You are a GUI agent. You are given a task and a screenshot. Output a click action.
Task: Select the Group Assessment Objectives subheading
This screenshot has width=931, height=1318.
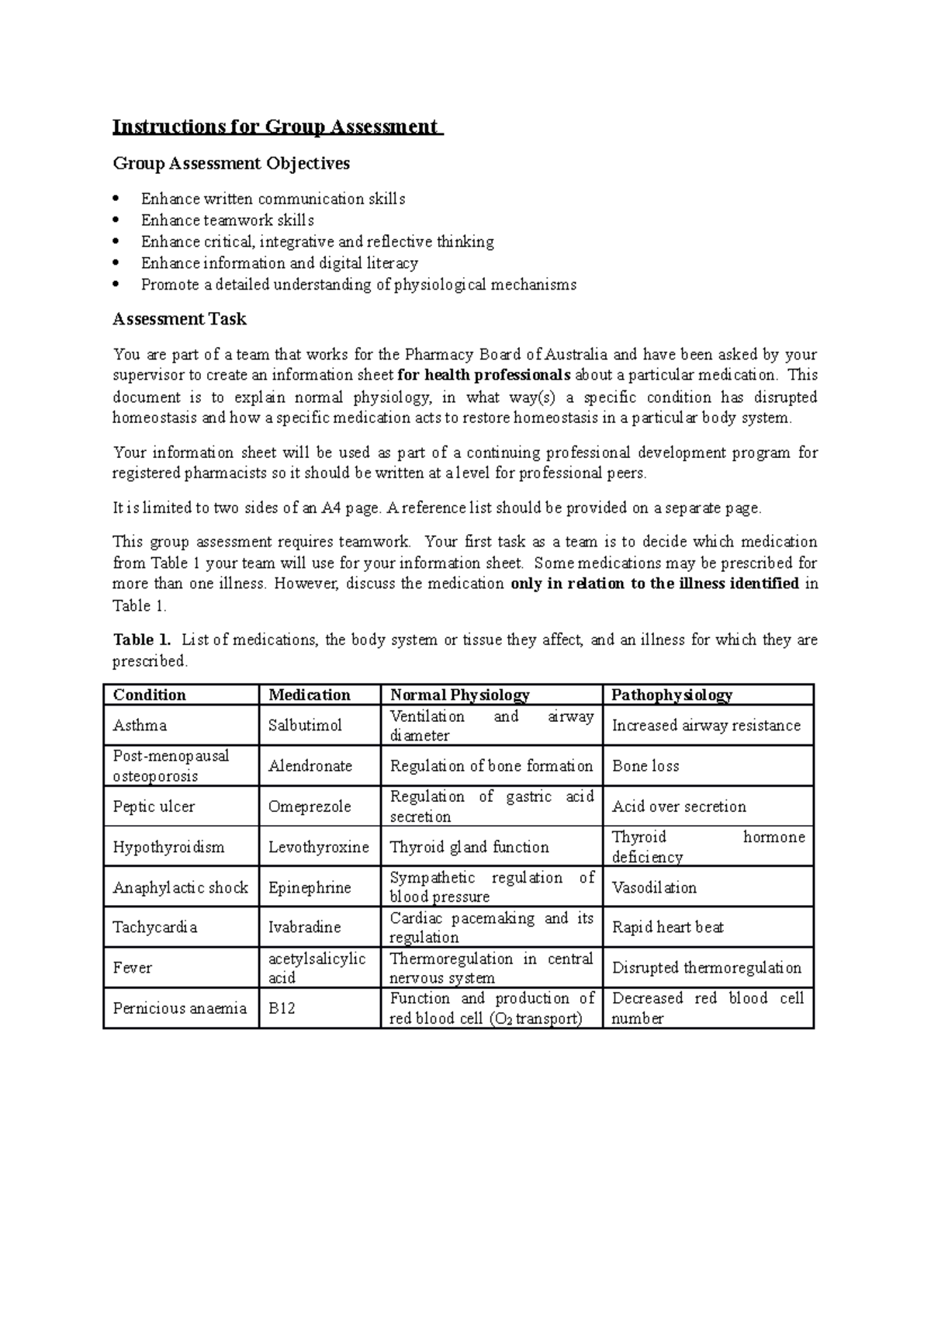point(231,164)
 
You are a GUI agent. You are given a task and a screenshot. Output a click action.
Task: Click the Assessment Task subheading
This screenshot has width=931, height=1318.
point(179,319)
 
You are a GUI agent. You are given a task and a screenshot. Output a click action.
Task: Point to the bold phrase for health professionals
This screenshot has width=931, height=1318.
point(483,376)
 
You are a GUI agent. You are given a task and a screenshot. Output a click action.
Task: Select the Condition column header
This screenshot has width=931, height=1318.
point(150,695)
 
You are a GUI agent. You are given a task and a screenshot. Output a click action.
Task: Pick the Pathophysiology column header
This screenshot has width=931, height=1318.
point(672,695)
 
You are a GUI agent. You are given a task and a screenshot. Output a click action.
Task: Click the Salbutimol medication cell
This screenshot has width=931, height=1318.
point(305,725)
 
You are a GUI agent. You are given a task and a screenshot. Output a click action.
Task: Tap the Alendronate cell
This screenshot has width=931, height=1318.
point(310,766)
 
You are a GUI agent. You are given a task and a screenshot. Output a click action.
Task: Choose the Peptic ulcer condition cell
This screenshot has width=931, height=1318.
point(154,806)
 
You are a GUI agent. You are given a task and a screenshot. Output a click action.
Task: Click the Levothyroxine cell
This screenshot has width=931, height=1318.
point(318,847)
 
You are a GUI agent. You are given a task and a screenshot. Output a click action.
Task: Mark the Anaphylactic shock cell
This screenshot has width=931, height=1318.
point(180,887)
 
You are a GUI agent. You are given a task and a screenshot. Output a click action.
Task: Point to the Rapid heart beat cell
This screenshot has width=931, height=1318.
point(668,928)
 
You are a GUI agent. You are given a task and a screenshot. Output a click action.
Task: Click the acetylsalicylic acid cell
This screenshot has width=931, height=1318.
point(317,968)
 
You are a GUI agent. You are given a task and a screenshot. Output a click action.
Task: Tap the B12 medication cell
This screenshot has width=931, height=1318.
point(282,1009)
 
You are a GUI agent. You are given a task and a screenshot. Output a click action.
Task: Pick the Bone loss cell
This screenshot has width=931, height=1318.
point(645,766)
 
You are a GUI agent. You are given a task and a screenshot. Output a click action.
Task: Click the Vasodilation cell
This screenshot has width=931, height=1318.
point(654,887)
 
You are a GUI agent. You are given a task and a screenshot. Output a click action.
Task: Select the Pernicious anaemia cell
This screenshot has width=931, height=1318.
point(179,1009)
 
